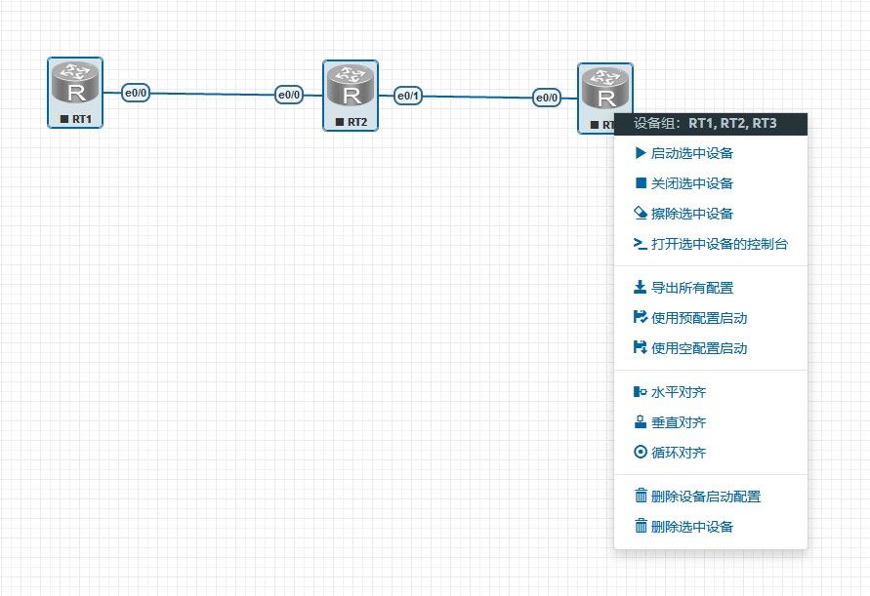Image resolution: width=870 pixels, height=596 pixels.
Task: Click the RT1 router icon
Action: tap(75, 83)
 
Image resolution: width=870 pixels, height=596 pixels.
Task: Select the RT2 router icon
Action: tap(351, 86)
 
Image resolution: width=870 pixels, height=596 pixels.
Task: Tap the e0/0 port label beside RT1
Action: tap(136, 93)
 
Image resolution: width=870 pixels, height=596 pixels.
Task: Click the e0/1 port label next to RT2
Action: tap(408, 96)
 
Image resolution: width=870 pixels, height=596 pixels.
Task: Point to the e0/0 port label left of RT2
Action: tap(289, 95)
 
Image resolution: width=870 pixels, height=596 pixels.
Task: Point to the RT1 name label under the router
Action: tap(82, 119)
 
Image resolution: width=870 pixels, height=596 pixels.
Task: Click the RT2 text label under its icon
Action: tap(357, 122)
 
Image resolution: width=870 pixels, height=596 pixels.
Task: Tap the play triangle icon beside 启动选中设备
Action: tap(641, 152)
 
